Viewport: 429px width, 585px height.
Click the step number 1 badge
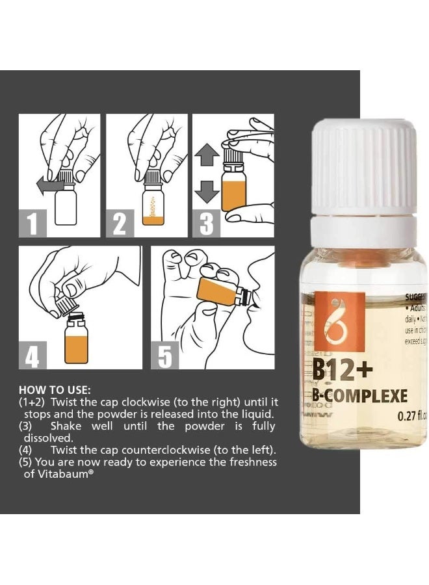(32, 224)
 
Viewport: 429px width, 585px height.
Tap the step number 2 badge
(119, 224)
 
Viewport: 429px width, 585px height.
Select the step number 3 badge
(206, 224)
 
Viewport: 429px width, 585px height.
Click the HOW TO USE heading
(55, 391)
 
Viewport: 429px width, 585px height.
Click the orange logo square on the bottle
(335, 319)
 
